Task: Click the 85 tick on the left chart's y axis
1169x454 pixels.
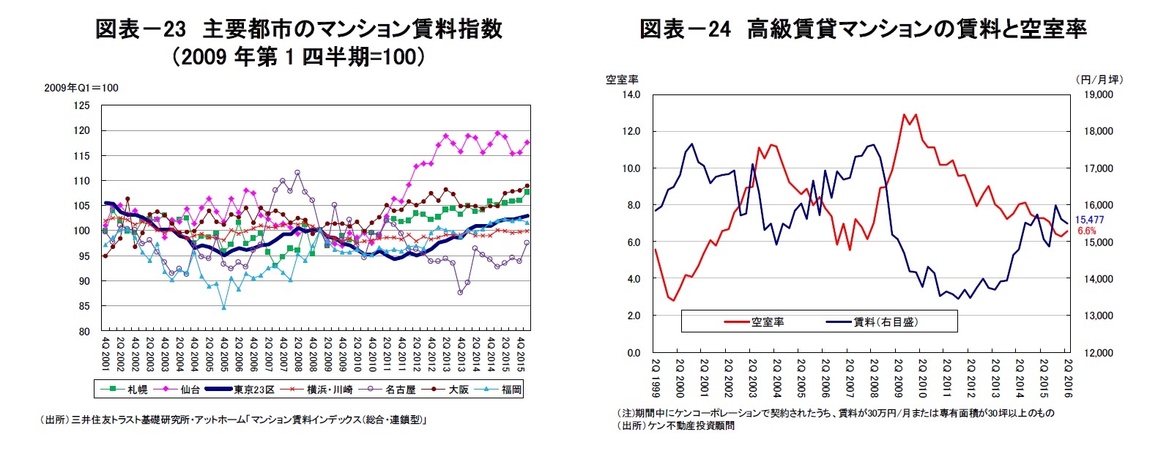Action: pyautogui.click(x=83, y=306)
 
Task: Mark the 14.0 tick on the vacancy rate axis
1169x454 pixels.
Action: pyautogui.click(x=631, y=94)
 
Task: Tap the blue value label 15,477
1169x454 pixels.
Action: pyautogui.click(x=1089, y=220)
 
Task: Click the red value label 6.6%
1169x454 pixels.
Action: pyautogui.click(x=1087, y=231)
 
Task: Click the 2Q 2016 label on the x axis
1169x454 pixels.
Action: pyautogui.click(x=1068, y=378)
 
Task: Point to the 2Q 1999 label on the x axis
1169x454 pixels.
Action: pyautogui.click(x=656, y=378)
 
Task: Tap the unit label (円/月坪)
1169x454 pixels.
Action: pyautogui.click(x=1099, y=79)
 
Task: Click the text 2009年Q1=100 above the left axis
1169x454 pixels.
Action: pyautogui.click(x=81, y=88)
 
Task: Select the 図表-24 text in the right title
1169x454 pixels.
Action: pyautogui.click(x=686, y=29)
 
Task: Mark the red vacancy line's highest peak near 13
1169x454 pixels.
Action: pyautogui.click(x=905, y=114)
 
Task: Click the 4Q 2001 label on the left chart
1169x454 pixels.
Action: pyautogui.click(x=106, y=354)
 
